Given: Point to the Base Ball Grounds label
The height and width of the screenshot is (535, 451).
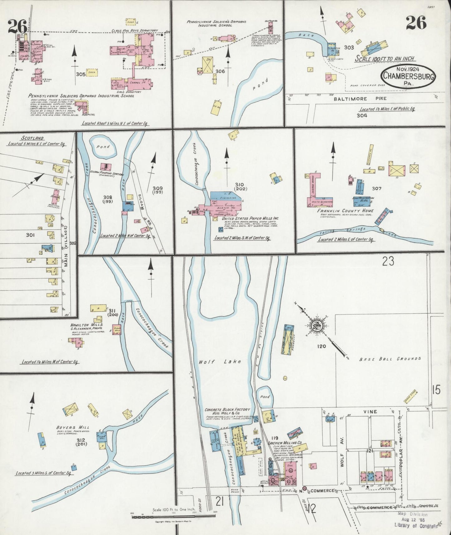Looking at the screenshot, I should (390, 359).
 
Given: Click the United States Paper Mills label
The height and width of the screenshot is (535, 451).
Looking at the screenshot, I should (250, 218).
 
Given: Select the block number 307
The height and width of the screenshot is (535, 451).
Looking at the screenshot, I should (377, 189).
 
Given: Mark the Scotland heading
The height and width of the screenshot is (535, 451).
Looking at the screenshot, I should (32, 138).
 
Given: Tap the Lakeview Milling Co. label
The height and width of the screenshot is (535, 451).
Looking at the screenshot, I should (287, 443).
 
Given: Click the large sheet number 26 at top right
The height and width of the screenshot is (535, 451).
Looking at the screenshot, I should (416, 22).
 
